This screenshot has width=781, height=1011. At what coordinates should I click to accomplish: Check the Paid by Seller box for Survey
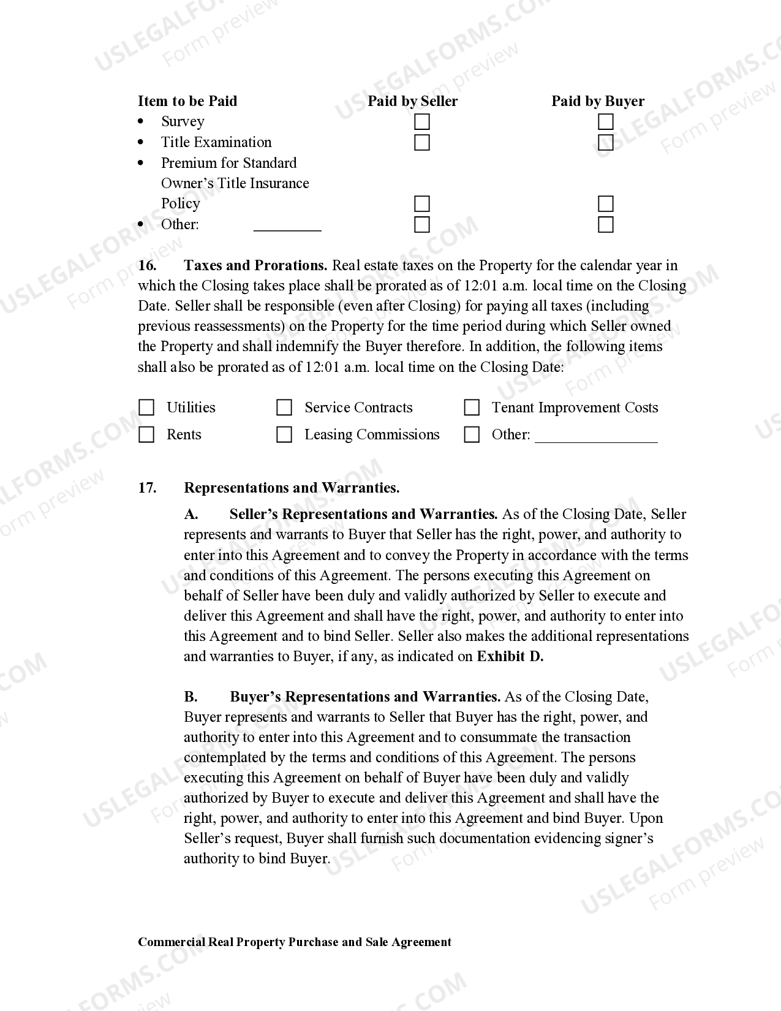coord(421,122)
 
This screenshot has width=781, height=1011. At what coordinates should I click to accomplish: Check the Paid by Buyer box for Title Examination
coord(605,143)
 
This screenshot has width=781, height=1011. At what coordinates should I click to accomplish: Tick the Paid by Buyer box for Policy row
coord(605,203)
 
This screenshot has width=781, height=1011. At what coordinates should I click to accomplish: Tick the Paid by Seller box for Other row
coord(421,224)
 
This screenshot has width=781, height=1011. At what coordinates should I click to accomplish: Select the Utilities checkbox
coord(146,407)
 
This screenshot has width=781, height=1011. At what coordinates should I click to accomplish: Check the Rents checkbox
coord(146,434)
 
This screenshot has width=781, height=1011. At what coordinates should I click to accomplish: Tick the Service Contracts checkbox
coord(284,407)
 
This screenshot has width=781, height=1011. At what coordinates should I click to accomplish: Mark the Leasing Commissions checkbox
coord(284,434)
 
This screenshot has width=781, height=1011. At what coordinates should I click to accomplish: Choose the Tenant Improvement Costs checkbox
coord(472,407)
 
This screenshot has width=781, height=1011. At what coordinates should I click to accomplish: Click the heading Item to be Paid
coord(187,101)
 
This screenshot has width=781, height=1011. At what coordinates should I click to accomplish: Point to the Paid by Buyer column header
coord(597,101)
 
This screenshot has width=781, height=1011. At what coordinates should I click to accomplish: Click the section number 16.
coord(147,265)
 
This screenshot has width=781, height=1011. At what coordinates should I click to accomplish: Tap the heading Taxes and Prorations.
coord(255,265)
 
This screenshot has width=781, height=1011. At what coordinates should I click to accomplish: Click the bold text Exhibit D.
coord(510,656)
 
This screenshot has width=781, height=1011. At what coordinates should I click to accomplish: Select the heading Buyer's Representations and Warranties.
coord(365,697)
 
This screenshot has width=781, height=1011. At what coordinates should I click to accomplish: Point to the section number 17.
coord(147,488)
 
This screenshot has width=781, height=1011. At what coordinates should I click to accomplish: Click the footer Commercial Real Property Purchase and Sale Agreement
coord(294,942)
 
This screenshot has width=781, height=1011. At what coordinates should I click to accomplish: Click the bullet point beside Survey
coord(141,122)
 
